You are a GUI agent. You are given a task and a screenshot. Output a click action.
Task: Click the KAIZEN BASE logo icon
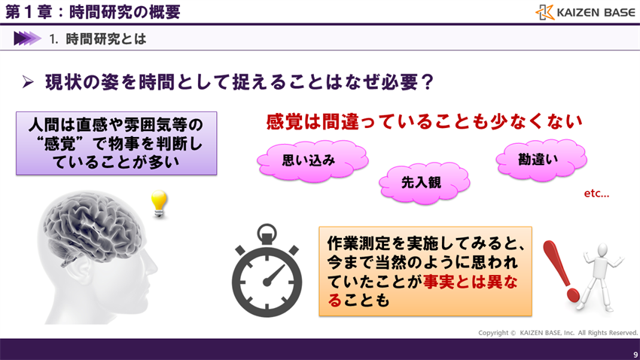[544, 12]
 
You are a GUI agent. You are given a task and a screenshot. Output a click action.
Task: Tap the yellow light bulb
[158, 203]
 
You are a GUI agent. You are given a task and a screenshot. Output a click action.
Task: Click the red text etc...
[596, 194]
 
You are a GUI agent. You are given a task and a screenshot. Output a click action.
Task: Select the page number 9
[635, 353]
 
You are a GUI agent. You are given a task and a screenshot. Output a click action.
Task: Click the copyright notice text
[558, 332]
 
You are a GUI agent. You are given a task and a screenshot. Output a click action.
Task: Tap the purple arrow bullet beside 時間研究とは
[26, 38]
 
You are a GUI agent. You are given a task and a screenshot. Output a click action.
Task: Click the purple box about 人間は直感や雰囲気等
[116, 143]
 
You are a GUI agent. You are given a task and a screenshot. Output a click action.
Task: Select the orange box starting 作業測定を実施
[425, 271]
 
